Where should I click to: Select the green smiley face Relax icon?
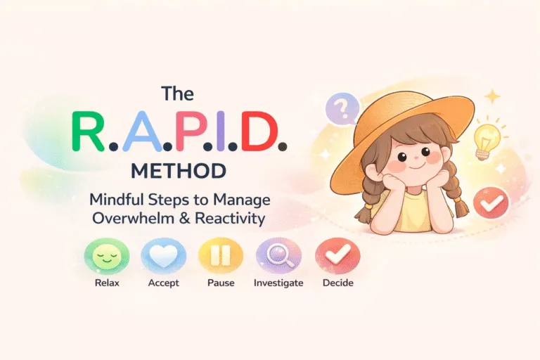(103, 256)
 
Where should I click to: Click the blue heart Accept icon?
(163, 256)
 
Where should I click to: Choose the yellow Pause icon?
(221, 256)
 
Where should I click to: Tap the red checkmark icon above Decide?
(337, 256)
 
